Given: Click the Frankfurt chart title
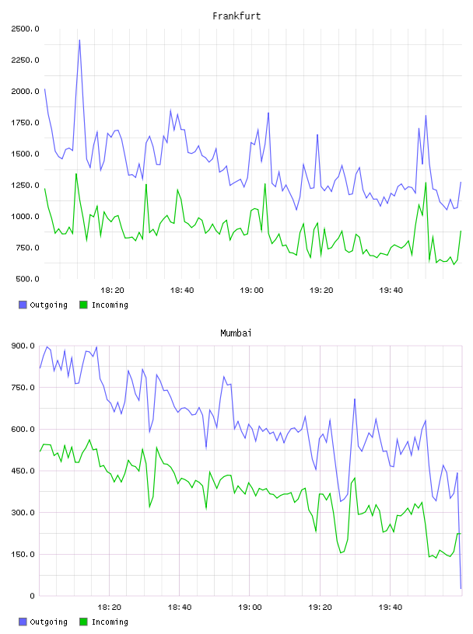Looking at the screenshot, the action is point(236,16).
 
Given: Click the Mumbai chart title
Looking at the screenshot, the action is point(236,333).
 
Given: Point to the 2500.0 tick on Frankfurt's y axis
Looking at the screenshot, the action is point(25,29).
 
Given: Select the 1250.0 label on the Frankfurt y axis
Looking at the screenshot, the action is point(25,185).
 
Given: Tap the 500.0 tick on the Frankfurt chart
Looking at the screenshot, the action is point(27,279).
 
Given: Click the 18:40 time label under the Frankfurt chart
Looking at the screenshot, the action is point(182,291).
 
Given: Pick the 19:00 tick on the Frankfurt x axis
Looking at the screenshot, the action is point(251,291).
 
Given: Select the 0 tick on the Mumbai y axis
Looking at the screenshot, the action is point(32,596).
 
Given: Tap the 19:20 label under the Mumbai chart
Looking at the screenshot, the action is point(320,608).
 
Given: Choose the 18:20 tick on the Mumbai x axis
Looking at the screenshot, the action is point(110,608).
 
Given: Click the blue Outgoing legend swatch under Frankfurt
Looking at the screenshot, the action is point(23,305).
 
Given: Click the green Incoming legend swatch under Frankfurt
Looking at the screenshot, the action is point(83,305).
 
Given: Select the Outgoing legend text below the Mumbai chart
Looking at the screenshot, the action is point(48,622).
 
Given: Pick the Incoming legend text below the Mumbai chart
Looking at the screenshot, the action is point(110,622).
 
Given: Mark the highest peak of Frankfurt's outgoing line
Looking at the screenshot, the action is point(79,40).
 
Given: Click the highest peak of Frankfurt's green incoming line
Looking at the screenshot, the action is point(76,174).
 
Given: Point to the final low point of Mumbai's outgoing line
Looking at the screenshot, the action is point(461,588).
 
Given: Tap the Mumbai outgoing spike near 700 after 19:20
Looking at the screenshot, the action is point(355,399).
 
